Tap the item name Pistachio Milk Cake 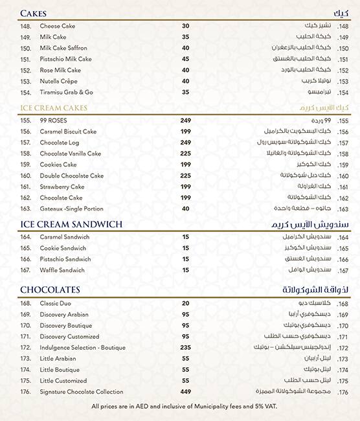(x=65, y=59)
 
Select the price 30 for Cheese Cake (x=185, y=26)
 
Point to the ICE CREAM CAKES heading (x=53, y=108)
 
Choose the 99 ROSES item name (x=54, y=120)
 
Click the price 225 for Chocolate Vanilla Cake (x=185, y=154)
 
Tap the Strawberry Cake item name (x=62, y=187)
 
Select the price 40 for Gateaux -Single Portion (x=185, y=209)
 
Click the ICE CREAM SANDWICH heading (x=72, y=225)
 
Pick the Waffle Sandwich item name (x=62, y=270)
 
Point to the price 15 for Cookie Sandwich (x=185, y=248)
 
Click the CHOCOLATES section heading (x=50, y=290)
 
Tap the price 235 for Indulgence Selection (x=185, y=347)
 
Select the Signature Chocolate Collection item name (x=81, y=391)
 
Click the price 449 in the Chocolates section (x=185, y=391)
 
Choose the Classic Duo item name (x=56, y=303)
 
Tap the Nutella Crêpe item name (x=60, y=81)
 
